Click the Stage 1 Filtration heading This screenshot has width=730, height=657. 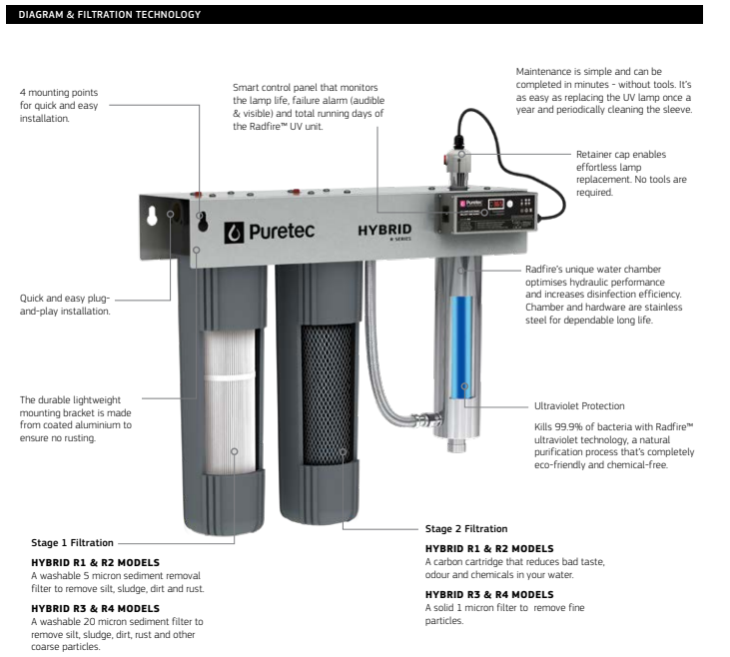[70, 543]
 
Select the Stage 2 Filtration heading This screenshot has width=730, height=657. [465, 528]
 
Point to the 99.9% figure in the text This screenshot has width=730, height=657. [565, 425]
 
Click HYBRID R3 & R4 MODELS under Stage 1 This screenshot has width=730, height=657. [95, 608]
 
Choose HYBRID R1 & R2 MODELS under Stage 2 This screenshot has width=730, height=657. [489, 548]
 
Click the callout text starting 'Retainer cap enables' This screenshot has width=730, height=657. [620, 155]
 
